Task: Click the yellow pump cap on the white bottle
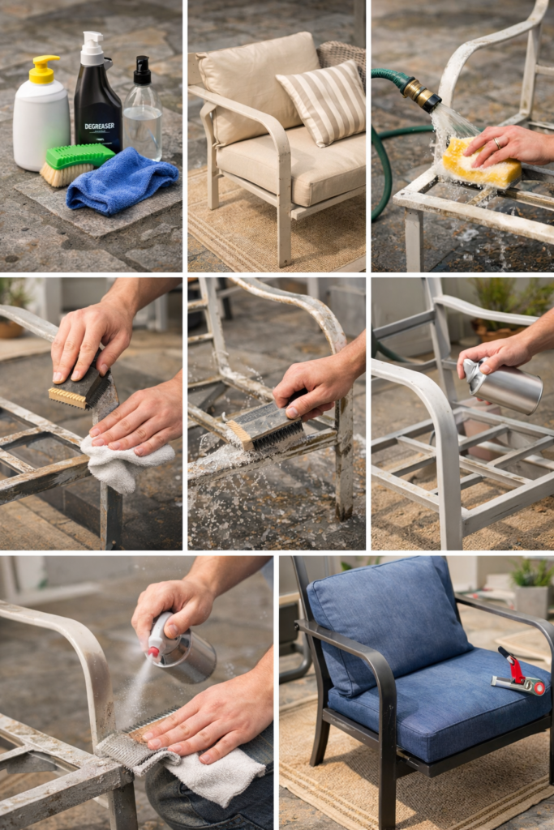click(43, 68)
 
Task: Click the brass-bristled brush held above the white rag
click(79, 392)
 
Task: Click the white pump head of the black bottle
click(92, 47)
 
